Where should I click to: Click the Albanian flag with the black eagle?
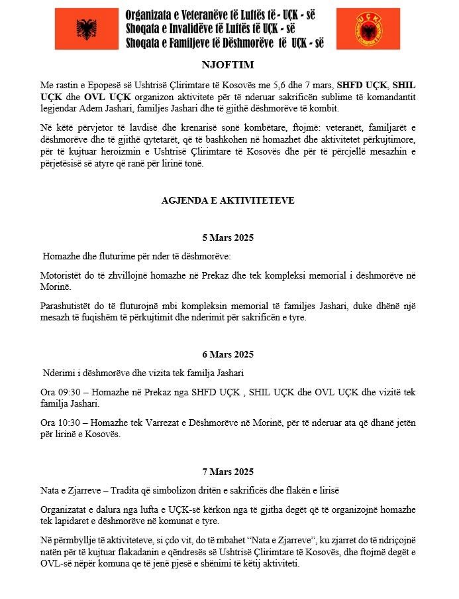(87, 30)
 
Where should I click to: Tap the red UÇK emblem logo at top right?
(367, 30)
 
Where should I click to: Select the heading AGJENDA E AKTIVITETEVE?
(228, 200)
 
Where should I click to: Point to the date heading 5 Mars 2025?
(228, 237)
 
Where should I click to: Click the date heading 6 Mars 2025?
(228, 354)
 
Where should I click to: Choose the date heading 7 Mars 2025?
(228, 472)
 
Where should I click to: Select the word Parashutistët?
(68, 306)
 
